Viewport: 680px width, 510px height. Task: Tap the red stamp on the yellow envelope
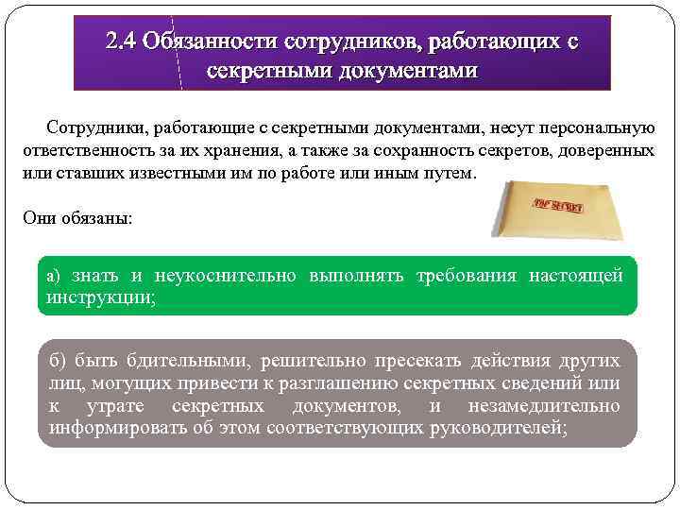click(x=558, y=205)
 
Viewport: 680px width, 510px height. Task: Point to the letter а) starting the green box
click(x=53, y=276)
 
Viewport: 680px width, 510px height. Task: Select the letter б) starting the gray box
click(x=56, y=361)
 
